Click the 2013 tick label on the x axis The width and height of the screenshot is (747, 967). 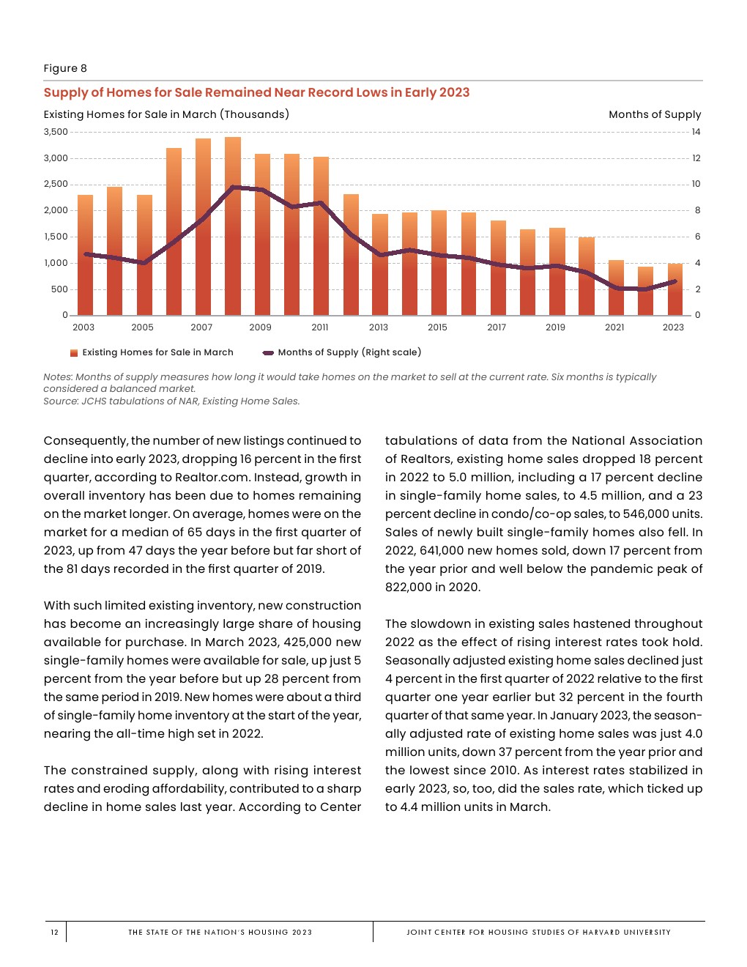click(x=379, y=327)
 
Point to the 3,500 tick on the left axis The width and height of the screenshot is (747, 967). click(x=56, y=132)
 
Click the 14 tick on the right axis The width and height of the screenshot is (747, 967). click(x=696, y=132)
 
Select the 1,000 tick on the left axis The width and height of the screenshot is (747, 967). click(x=56, y=263)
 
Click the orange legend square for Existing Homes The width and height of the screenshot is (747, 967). click(x=74, y=353)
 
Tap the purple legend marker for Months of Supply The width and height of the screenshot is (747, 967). click(x=268, y=353)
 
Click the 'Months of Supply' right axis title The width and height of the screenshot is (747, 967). click(x=655, y=114)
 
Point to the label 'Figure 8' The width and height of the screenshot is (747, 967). click(x=65, y=68)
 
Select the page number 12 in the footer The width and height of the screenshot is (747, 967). click(x=55, y=933)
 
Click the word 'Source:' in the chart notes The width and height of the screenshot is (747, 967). click(x=61, y=401)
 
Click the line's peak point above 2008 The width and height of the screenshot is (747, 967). click(x=233, y=187)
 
